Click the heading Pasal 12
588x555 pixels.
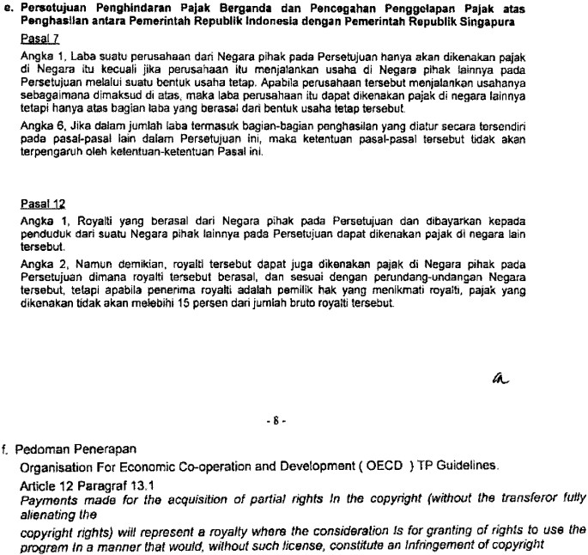(37, 205)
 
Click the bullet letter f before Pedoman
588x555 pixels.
(7, 449)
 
